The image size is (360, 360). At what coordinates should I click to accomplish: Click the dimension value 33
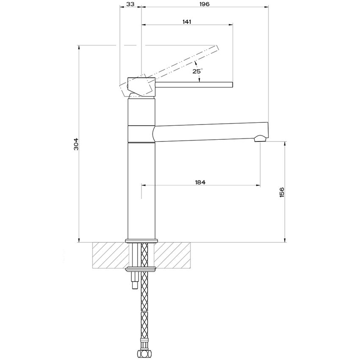point(130,4)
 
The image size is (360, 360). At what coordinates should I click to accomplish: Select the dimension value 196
point(204,4)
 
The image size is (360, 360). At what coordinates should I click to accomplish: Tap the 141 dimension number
point(187,22)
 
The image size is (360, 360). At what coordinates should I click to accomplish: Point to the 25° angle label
point(197,71)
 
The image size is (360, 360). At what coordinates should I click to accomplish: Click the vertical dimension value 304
point(76,144)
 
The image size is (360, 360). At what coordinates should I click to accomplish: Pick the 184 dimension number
point(200,182)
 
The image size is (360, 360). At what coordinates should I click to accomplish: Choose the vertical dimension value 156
point(282,192)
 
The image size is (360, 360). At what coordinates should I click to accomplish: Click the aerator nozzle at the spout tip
point(260,138)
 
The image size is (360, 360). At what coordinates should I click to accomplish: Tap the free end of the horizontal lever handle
point(233,84)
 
